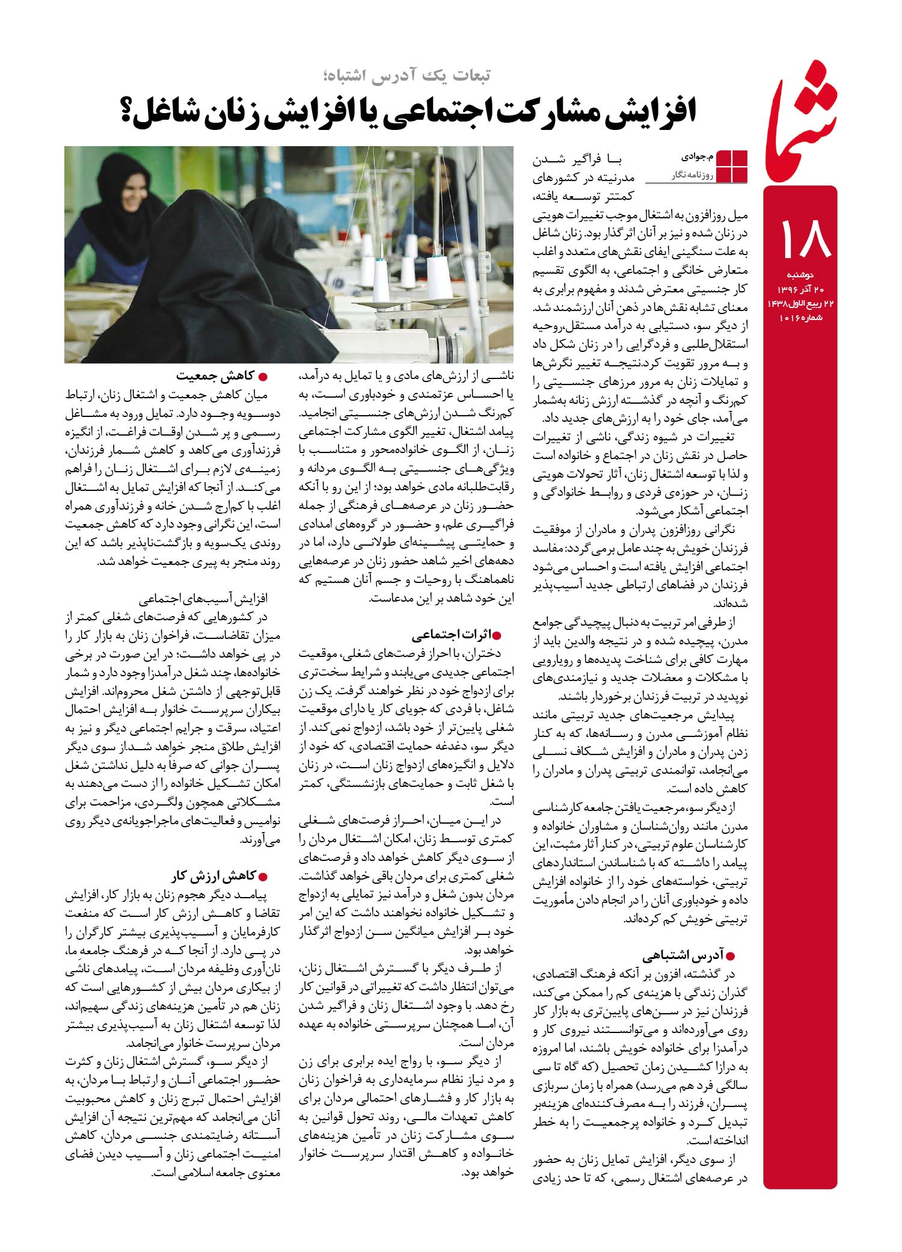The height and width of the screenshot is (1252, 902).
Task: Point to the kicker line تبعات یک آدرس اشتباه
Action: click(x=404, y=74)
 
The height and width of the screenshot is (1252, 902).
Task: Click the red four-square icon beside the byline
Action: click(x=733, y=165)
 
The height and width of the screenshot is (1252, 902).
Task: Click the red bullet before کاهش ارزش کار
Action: click(x=263, y=875)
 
